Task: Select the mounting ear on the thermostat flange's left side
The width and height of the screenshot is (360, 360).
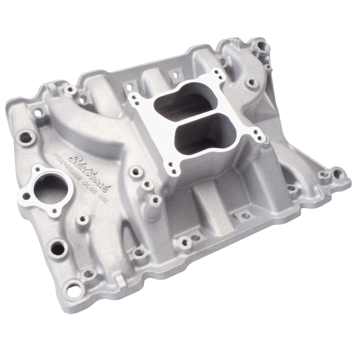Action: (26, 196)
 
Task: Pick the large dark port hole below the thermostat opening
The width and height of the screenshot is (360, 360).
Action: (57, 247)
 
